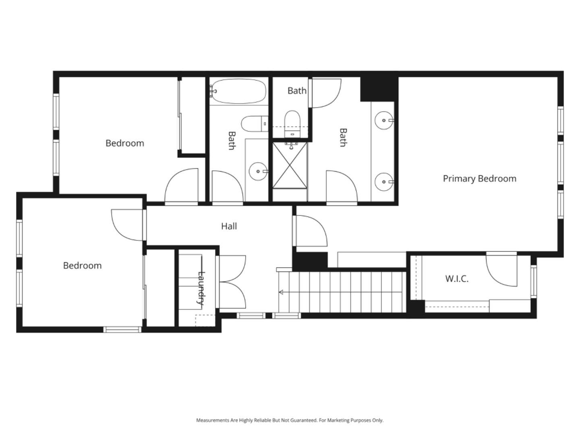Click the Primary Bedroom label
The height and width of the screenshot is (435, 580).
(x=479, y=178)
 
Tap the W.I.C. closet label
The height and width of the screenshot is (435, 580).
(x=457, y=279)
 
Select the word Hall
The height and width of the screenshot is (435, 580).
(x=229, y=226)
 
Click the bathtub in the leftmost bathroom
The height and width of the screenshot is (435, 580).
(x=238, y=91)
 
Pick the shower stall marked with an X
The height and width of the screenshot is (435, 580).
(x=290, y=165)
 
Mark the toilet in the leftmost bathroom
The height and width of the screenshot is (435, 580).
(x=254, y=124)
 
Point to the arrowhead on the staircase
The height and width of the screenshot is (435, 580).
(x=281, y=292)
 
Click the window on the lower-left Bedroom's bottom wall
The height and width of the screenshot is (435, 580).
(x=122, y=329)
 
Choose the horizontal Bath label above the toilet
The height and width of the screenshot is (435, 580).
(x=297, y=91)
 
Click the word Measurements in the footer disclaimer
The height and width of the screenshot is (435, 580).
(x=212, y=420)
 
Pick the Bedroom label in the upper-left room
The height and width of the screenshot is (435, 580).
(x=124, y=143)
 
